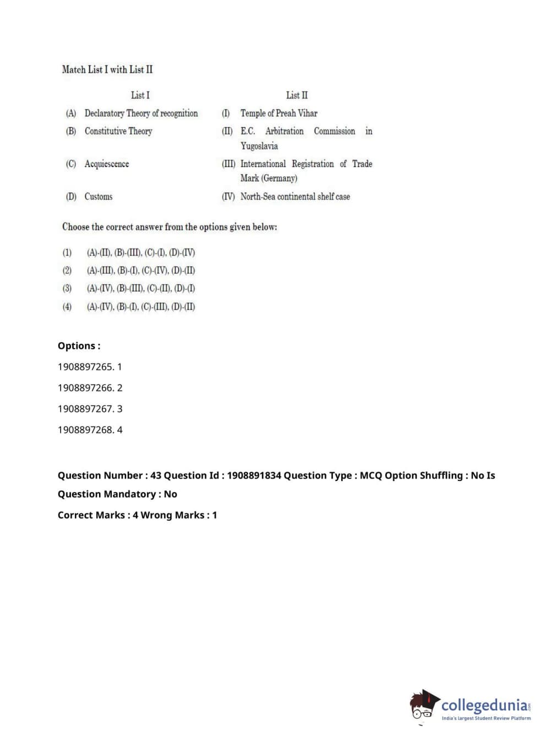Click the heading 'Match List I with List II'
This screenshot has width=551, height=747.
(107, 69)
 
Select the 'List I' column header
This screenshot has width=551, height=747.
(140, 95)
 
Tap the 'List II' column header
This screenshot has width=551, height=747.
(297, 95)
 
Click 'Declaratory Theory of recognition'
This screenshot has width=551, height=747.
(141, 113)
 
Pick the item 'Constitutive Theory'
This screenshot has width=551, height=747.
(118, 131)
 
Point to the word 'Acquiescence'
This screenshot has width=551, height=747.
(107, 164)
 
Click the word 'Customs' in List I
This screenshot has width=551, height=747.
(99, 197)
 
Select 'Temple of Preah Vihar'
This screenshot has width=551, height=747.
(279, 113)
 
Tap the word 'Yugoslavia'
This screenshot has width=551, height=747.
(259, 146)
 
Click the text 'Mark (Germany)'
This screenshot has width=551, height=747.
(269, 178)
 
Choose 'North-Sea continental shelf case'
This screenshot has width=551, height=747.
(295, 197)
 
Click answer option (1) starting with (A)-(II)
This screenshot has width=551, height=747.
(140, 253)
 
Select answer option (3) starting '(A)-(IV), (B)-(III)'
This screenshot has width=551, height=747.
(140, 289)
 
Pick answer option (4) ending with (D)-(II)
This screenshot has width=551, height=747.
(140, 307)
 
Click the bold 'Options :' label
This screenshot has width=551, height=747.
(79, 346)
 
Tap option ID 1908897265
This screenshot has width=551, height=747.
(90, 367)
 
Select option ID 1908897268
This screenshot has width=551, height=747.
(90, 430)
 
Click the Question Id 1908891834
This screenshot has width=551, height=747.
(254, 475)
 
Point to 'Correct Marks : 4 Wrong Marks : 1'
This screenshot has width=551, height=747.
(137, 515)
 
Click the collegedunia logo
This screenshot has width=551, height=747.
(471, 706)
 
